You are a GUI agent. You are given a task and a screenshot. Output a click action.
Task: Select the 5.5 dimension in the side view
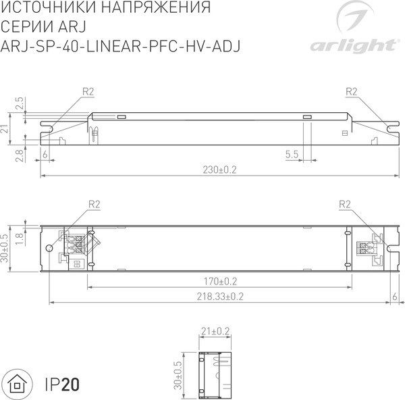point(292,155)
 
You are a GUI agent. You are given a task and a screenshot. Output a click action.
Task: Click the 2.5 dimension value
point(19,103)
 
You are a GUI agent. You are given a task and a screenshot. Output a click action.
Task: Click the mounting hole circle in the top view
point(49,249)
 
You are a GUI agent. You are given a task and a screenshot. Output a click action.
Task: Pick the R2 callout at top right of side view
point(350,91)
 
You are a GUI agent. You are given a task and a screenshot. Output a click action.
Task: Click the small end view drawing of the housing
point(216,372)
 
